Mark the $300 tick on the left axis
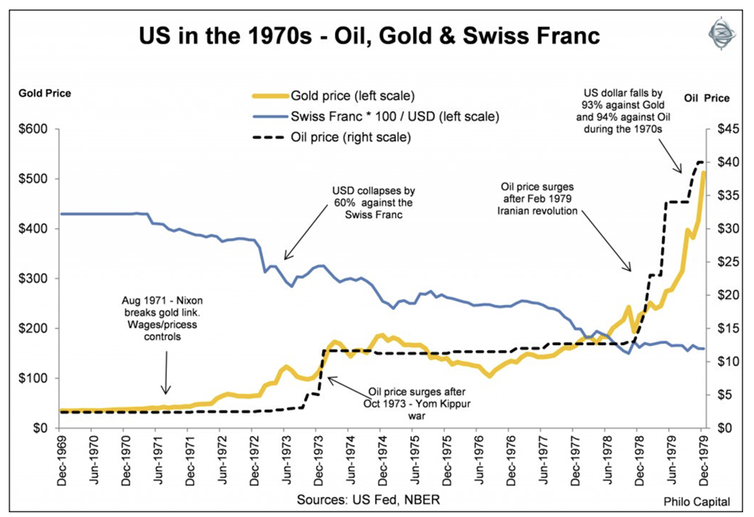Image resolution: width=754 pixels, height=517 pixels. click(x=33, y=278)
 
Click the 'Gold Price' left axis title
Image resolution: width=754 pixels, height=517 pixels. click(x=45, y=93)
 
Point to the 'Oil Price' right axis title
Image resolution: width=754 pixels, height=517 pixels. click(x=706, y=98)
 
